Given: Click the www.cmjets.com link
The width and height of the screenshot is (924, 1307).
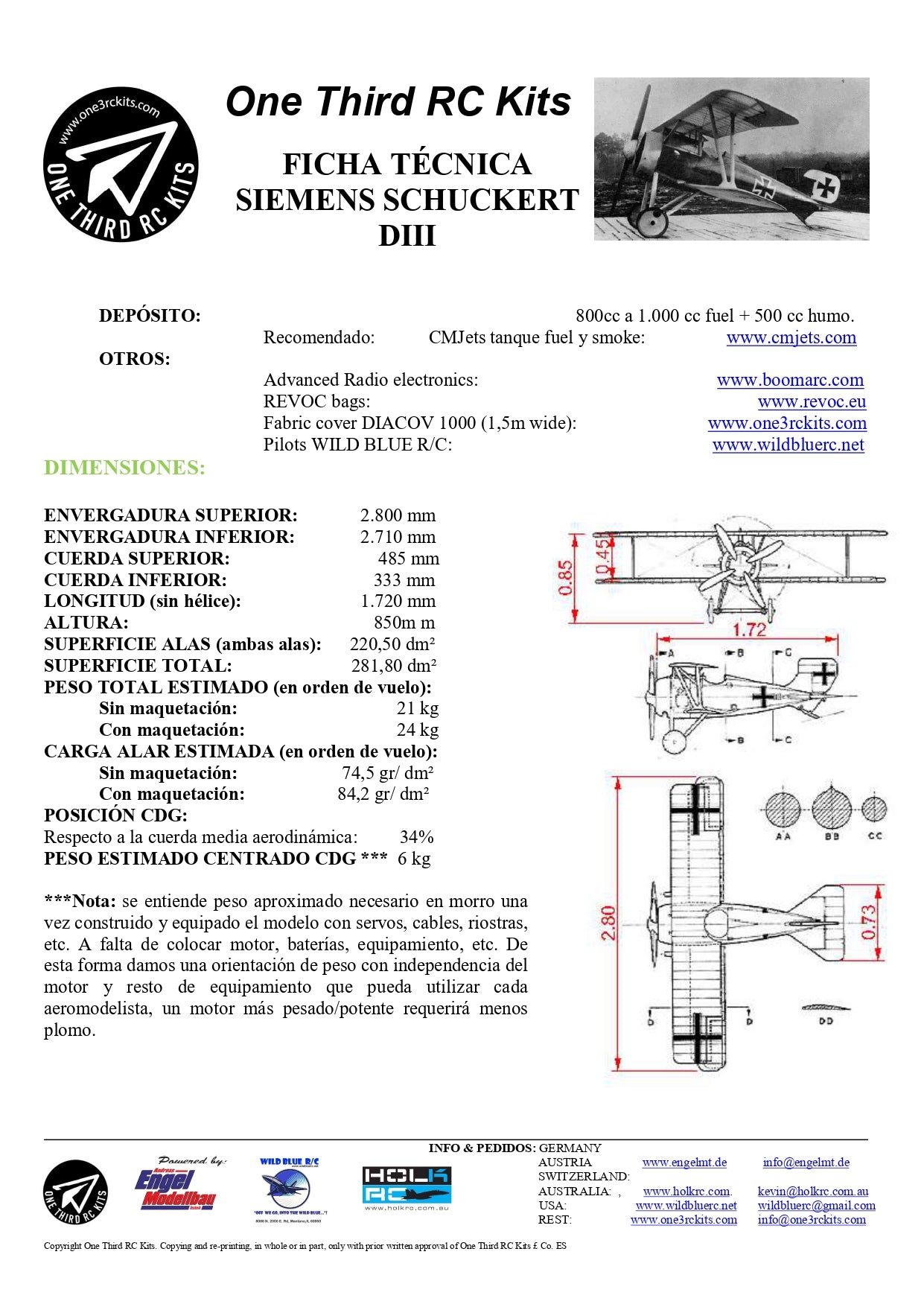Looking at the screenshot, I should point(791,337).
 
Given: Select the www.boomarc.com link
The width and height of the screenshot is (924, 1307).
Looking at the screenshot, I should point(790,380).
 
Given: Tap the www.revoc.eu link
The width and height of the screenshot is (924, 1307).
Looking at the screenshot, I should point(812,401).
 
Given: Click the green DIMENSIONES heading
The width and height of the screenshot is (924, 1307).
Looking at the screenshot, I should point(124,468).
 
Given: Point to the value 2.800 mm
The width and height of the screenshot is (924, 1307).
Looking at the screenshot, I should point(398,515).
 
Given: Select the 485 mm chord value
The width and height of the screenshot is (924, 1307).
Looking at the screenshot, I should point(408,559).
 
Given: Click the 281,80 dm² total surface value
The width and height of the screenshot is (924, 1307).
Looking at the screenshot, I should point(393,666).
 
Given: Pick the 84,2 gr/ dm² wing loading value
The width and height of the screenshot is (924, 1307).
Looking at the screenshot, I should point(383,794).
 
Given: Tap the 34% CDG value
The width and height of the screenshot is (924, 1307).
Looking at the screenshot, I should point(416,837).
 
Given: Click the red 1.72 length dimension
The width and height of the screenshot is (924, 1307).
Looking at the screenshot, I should point(749,630).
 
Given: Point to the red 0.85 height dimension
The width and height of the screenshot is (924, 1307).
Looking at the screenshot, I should point(566,577).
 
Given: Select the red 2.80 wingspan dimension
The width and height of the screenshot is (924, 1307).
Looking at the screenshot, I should point(608,923).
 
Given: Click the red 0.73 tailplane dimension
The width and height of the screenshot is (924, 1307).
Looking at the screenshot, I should point(868,922).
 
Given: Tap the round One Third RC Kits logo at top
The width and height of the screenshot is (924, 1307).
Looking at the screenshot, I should point(121,165).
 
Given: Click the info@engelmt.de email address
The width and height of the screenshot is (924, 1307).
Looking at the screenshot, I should point(806,1163).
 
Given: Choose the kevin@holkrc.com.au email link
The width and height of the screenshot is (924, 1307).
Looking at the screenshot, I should point(812,1192).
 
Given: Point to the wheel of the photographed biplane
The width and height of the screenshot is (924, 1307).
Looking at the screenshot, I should point(652,220).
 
